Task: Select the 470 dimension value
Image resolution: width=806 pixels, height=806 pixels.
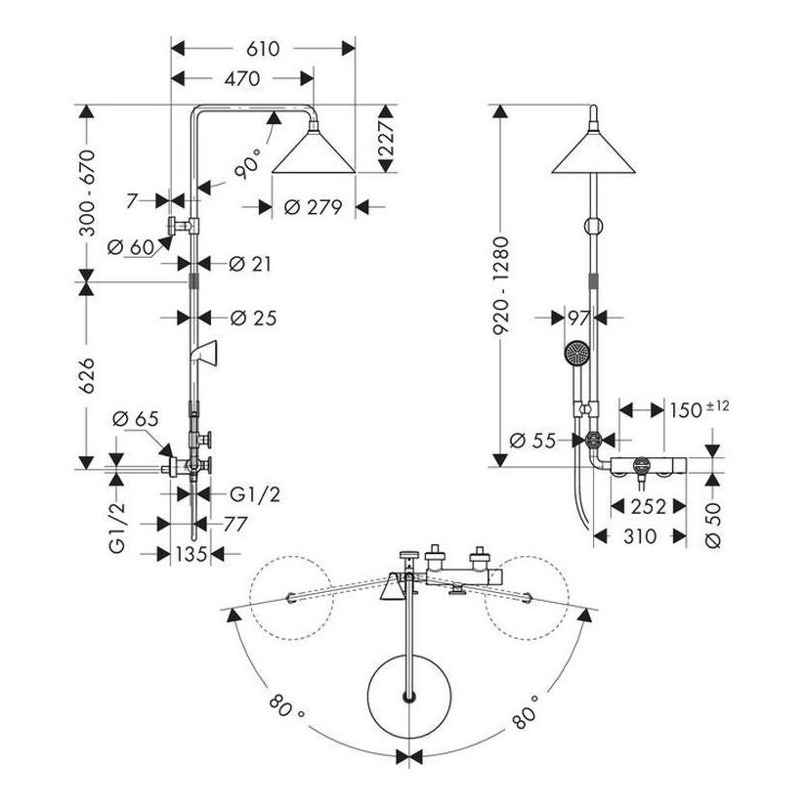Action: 240,79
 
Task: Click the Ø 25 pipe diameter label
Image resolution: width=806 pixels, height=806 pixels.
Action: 253,318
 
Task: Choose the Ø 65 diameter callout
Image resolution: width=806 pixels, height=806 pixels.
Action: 134,419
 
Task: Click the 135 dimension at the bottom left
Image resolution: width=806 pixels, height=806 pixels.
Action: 191,554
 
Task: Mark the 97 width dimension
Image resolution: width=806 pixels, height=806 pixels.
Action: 578,318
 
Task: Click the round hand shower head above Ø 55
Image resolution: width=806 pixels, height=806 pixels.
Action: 576,352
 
